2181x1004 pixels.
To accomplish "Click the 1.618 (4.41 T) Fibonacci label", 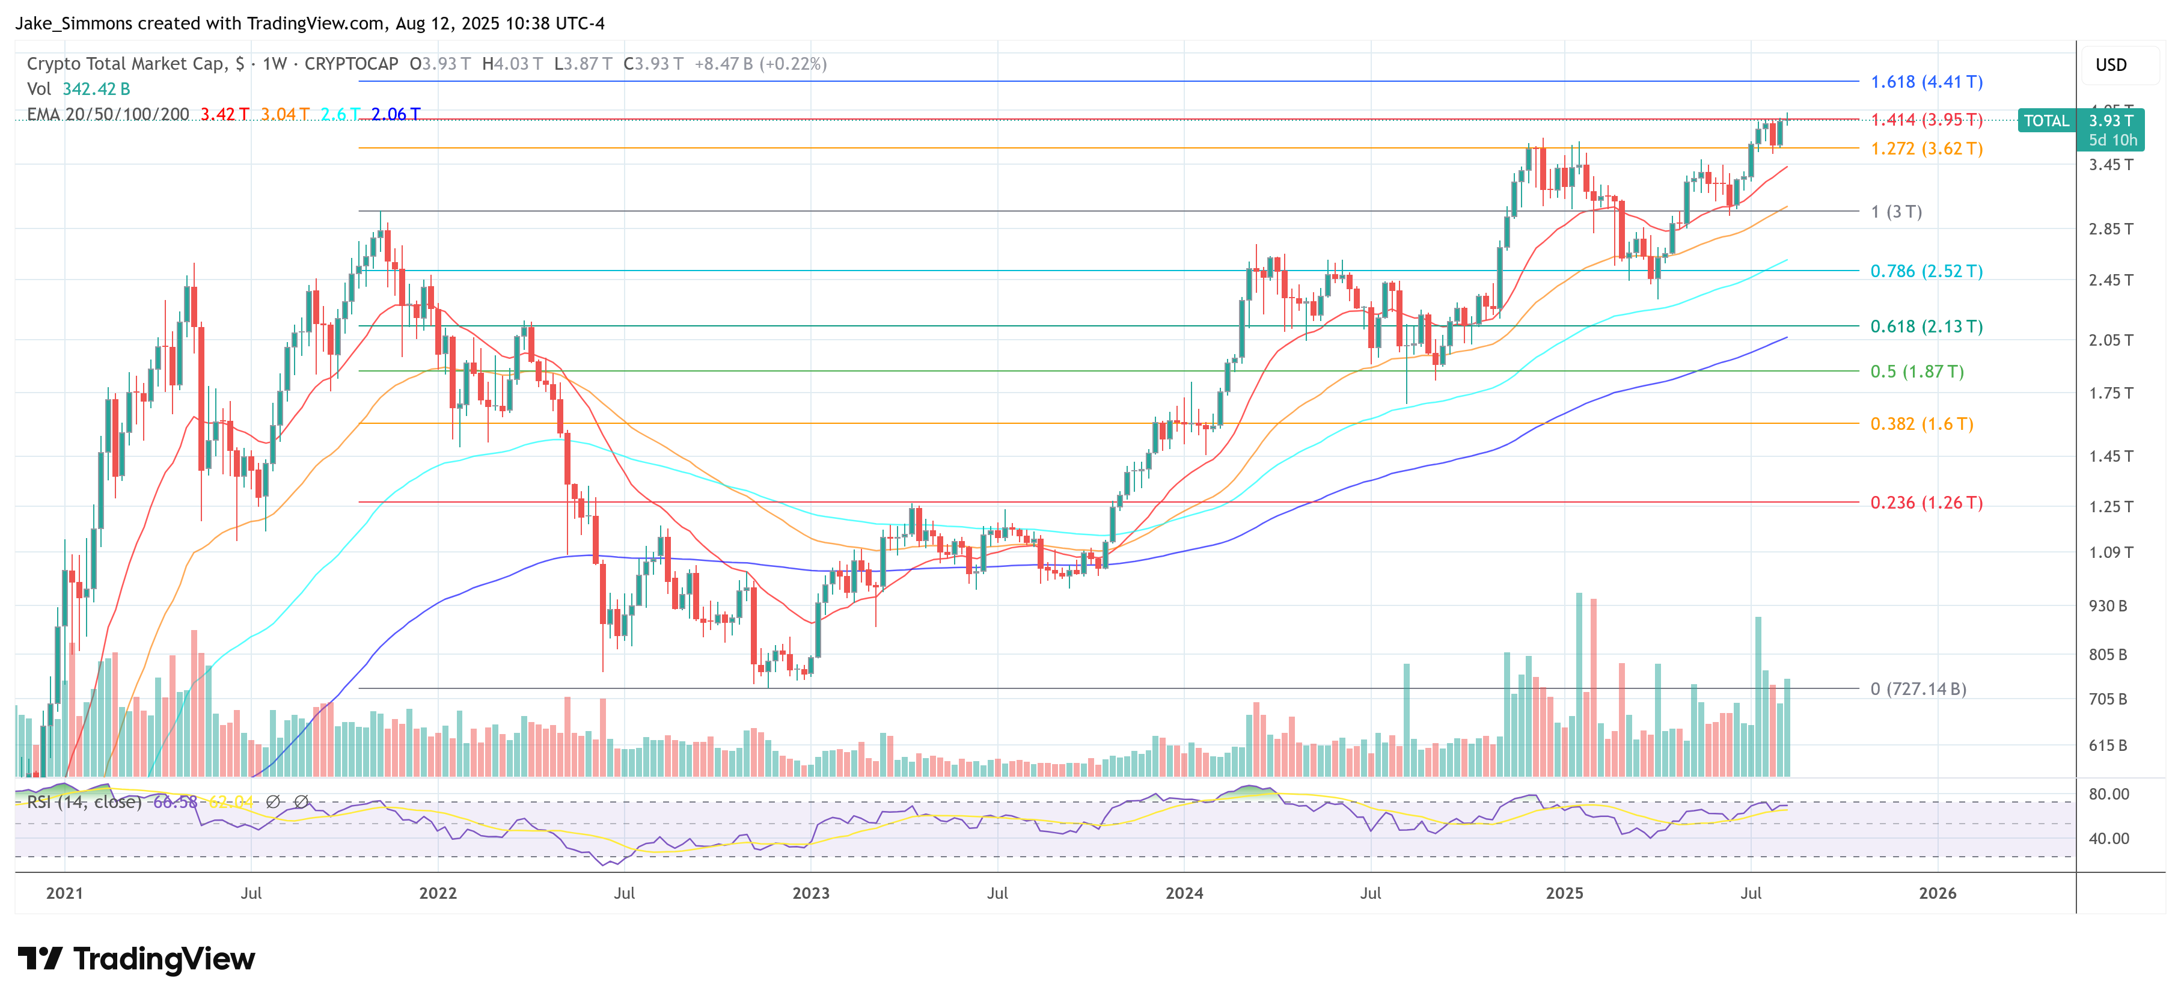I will (x=1926, y=82).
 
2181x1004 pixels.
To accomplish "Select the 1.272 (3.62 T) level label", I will (x=1926, y=149).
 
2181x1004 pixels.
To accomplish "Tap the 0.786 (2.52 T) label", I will (x=1926, y=272).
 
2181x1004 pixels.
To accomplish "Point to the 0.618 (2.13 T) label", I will (x=1926, y=327).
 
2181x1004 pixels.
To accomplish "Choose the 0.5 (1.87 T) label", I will (x=1917, y=372).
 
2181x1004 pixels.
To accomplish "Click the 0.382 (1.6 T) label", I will (x=1921, y=424).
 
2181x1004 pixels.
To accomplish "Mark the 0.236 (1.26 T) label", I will (x=1926, y=503).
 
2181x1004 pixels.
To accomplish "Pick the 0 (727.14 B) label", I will (x=1918, y=689).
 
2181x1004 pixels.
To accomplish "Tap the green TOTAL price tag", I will (x=2046, y=121).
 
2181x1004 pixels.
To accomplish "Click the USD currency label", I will (x=2110, y=65).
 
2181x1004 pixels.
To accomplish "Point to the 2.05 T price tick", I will (x=2110, y=340).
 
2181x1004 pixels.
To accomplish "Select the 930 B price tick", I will (x=2107, y=606).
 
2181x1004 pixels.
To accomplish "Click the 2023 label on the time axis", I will (x=810, y=893).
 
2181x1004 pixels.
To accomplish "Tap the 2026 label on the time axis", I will (x=1937, y=893).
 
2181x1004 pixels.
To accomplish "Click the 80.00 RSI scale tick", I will (x=2108, y=794).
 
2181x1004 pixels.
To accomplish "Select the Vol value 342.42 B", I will (x=96, y=89).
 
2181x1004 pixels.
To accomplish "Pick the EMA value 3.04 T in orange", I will (x=284, y=114).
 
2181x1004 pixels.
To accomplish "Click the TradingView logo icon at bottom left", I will (x=39, y=958).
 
